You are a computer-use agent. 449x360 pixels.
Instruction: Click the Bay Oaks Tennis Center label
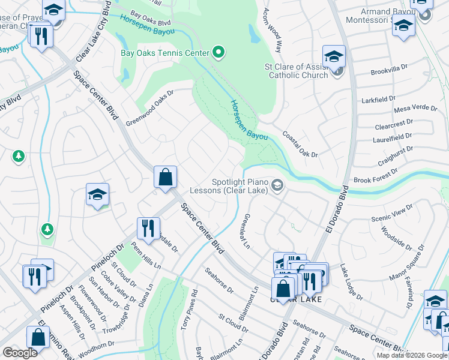tap(164, 53)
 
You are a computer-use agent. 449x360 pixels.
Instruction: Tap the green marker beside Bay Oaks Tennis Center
tap(219, 53)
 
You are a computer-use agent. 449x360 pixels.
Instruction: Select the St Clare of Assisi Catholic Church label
tap(298, 71)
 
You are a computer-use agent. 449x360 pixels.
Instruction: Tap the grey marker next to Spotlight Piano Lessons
tap(277, 185)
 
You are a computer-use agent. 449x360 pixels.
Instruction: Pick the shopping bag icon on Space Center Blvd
tap(166, 178)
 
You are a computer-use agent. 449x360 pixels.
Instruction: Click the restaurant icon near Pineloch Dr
tap(148, 228)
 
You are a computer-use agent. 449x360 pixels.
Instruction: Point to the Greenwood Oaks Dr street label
tap(149, 108)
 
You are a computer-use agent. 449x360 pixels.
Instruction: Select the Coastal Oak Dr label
tap(300, 145)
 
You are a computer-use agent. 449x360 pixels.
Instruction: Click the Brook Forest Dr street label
tap(376, 176)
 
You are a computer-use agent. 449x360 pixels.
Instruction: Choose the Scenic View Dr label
tap(393, 212)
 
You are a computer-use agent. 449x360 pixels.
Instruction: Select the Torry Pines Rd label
tap(194, 301)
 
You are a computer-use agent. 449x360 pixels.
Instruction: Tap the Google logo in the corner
tap(20, 353)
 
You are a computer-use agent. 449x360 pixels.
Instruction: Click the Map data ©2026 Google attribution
tap(412, 355)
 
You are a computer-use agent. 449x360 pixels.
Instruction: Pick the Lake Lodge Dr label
tap(351, 281)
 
